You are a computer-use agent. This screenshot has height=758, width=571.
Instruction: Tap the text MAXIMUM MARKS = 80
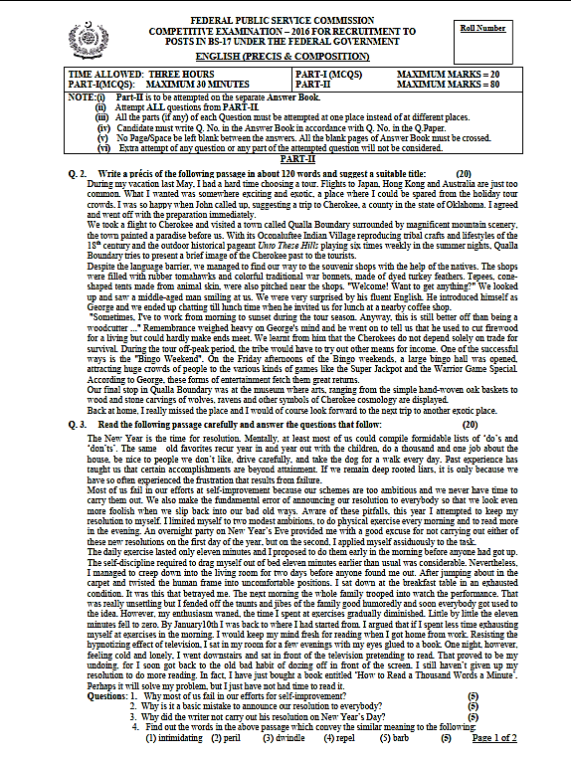(449, 84)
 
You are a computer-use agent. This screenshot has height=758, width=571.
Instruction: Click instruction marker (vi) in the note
(102, 147)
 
